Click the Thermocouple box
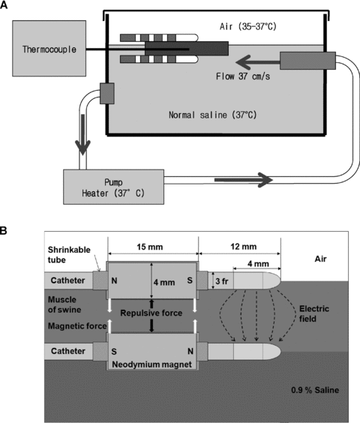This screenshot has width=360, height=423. (x=49, y=48)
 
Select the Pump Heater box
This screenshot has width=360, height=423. (x=113, y=187)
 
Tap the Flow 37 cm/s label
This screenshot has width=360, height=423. (x=243, y=76)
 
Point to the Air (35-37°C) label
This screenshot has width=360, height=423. (x=248, y=26)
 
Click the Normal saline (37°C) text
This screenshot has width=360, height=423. (x=212, y=115)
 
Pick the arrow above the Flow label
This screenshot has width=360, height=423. (x=258, y=62)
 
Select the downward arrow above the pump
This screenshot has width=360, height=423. (x=82, y=134)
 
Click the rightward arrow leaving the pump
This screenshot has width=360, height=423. (x=244, y=180)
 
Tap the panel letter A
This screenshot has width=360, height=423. (x=4, y=4)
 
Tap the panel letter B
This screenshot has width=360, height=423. (x=4, y=231)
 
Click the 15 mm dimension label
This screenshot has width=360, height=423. (x=150, y=247)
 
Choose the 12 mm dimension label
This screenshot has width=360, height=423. (x=244, y=247)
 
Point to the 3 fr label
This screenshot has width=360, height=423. (x=222, y=281)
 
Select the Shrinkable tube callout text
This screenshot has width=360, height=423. (x=69, y=255)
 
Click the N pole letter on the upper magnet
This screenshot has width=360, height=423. (x=114, y=280)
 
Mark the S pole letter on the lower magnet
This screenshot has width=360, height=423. (x=114, y=352)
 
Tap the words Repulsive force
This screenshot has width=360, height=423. (x=151, y=313)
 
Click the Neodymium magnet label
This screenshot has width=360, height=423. (x=151, y=364)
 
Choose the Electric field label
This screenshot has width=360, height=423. (x=314, y=313)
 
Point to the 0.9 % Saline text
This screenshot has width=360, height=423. (x=315, y=390)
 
